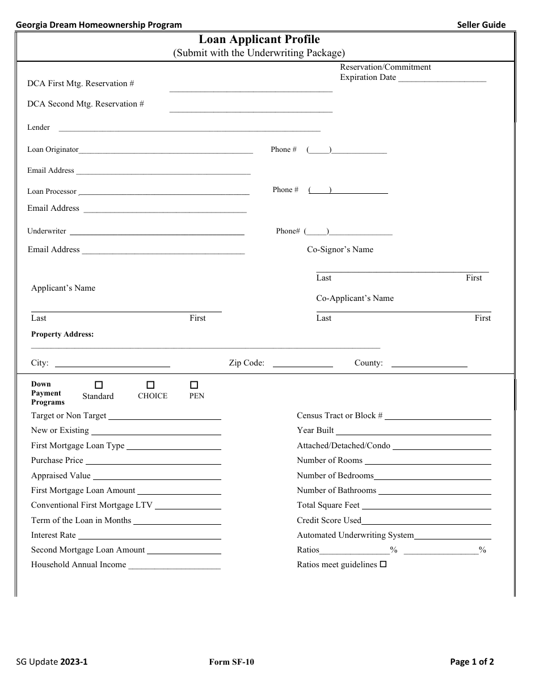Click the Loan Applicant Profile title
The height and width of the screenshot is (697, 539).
pos(259,40)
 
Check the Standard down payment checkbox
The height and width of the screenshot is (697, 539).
pos(99,385)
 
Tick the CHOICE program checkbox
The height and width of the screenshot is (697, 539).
pos(151,385)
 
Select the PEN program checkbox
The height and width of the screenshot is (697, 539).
pos(194,385)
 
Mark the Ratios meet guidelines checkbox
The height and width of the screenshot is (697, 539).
pos(383,564)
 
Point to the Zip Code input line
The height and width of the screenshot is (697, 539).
pos(303,364)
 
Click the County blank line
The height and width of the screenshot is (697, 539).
pos(429,364)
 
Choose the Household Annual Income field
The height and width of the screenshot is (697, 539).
pos(174,566)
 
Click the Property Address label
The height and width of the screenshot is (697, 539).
pos(62,334)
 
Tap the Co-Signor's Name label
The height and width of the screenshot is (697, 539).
pos(340,249)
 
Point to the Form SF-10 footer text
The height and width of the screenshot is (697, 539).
pos(235,661)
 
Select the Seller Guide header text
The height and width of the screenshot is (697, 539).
pos(481,24)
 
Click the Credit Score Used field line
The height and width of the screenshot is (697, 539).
pos(426,521)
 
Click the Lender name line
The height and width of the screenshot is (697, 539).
pos(188,129)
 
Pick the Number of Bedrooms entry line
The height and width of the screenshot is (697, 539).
pos(432,477)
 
